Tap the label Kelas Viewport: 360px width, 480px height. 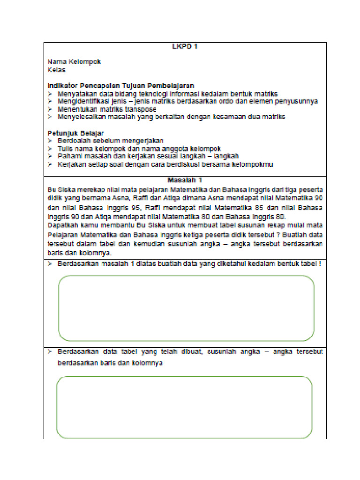point(56,70)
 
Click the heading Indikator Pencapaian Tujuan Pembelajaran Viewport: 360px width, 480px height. point(120,86)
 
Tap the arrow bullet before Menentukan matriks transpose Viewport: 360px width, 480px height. point(50,109)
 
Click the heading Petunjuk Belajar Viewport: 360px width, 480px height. point(75,133)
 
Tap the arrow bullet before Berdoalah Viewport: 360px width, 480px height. point(50,141)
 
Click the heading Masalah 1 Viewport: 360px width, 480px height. point(185,180)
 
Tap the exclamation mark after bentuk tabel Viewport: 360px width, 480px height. point(320,263)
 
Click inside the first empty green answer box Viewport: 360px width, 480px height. point(186,308)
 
